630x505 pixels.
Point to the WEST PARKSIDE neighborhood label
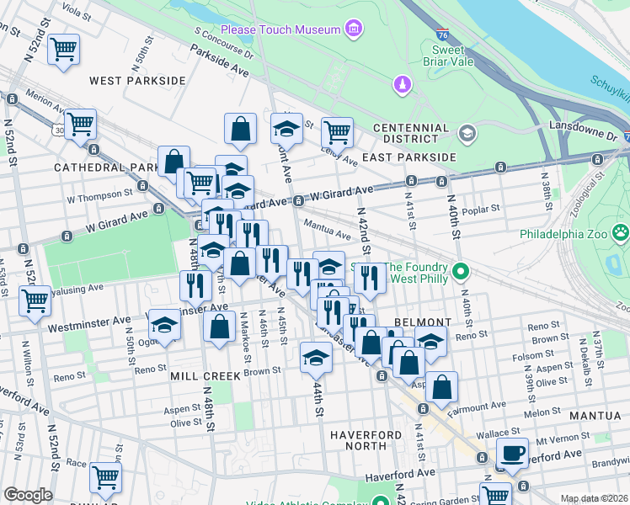136,81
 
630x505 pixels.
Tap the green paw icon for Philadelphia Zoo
620,231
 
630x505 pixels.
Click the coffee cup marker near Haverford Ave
512,452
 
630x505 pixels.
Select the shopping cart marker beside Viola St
63,50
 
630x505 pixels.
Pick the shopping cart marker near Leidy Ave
336,130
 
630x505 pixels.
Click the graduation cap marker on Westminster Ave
165,324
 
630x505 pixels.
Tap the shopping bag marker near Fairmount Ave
441,386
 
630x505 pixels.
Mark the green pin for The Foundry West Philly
460,271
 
